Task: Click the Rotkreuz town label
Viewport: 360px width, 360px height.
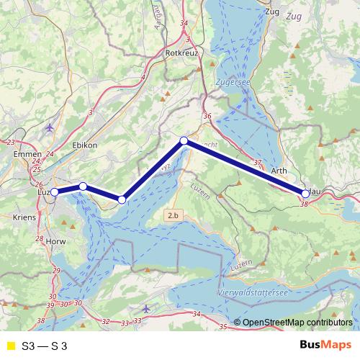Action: [x=181, y=53]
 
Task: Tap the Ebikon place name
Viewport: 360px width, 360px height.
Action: [x=84, y=145]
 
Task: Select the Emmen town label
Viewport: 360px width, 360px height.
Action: [x=24, y=153]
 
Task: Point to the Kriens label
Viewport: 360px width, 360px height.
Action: [x=24, y=216]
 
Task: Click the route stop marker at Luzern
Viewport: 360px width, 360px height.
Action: [x=54, y=192]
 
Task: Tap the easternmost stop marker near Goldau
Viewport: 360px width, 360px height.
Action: [x=305, y=193]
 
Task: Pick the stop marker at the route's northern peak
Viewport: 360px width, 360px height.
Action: [x=184, y=140]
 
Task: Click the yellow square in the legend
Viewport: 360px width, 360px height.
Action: [x=10, y=346]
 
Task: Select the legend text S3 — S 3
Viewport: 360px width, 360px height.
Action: [x=45, y=346]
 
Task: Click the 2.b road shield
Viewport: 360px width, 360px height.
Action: [x=172, y=215]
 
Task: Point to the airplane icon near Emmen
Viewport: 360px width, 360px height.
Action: [x=49, y=128]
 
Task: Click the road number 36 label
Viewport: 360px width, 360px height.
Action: [x=207, y=117]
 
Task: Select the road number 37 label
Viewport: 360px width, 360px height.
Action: [x=258, y=163]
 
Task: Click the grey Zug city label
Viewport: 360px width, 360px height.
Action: [x=272, y=12]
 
